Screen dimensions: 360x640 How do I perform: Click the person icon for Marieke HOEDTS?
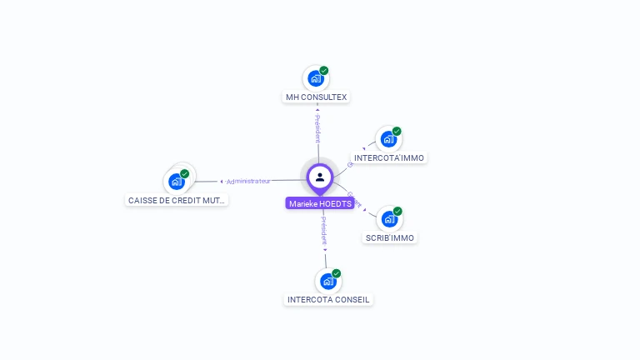pos(320,177)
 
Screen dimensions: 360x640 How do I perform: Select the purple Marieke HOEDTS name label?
pos(320,203)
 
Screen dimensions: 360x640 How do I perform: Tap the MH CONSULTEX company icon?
pos(315,78)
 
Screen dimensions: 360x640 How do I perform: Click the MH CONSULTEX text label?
pos(316,97)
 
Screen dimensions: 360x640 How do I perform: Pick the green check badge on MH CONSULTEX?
pos(324,71)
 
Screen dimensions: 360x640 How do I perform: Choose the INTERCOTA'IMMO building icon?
pos(388,139)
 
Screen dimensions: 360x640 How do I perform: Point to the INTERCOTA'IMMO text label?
pos(389,157)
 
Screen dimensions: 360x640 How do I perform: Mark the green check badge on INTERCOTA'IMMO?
pos(397,132)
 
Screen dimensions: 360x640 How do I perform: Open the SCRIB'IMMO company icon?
pos(389,219)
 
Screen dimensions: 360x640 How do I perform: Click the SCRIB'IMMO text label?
pos(390,237)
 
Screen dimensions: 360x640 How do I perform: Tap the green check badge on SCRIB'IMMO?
pos(398,212)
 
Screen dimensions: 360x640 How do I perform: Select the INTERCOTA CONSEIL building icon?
pos(327,281)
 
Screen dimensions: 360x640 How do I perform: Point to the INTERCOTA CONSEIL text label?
pos(328,299)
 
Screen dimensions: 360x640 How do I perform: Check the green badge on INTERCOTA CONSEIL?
pos(337,273)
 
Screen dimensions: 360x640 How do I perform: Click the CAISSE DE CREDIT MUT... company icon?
pos(176,181)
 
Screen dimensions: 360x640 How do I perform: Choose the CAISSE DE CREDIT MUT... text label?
pos(177,200)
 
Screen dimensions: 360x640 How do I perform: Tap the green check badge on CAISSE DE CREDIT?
pos(185,174)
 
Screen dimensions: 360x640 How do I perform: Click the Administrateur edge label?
pos(248,181)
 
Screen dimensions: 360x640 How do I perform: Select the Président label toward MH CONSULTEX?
pos(317,129)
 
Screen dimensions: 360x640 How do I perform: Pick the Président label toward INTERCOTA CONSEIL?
pos(324,231)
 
